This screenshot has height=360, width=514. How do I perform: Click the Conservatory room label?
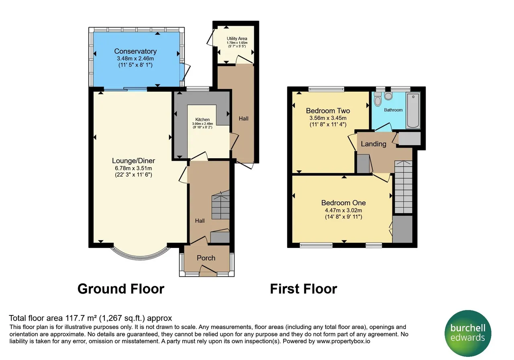pyautogui.click(x=135, y=51)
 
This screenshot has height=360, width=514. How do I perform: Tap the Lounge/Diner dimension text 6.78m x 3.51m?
pyautogui.click(x=133, y=168)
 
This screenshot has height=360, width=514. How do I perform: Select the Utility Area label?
pyautogui.click(x=237, y=39)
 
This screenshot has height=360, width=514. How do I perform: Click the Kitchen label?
pyautogui.click(x=202, y=119)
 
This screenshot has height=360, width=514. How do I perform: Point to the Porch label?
pyautogui.click(x=206, y=258)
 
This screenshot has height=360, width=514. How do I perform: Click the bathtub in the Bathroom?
pyautogui.click(x=413, y=110)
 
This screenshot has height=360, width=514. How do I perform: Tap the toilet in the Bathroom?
pyautogui.click(x=377, y=99)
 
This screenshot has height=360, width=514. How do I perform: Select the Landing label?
pyautogui.click(x=373, y=144)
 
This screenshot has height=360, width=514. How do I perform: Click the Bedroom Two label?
pyautogui.click(x=328, y=110)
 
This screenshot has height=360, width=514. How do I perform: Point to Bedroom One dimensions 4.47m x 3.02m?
pyautogui.click(x=343, y=210)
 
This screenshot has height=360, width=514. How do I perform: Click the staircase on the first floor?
pyautogui.click(x=404, y=187)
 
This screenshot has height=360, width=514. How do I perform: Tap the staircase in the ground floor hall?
pyautogui.click(x=220, y=205)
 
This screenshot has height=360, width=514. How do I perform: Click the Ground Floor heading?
pyautogui.click(x=121, y=288)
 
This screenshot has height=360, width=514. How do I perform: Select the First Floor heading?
pyautogui.click(x=303, y=288)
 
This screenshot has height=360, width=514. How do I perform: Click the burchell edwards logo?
pyautogui.click(x=468, y=333)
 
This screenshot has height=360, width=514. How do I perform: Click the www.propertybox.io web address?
pyautogui.click(x=343, y=341)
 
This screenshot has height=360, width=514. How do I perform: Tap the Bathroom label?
pyautogui.click(x=393, y=110)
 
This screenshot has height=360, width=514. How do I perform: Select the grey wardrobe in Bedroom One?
pyautogui.click(x=402, y=229)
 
